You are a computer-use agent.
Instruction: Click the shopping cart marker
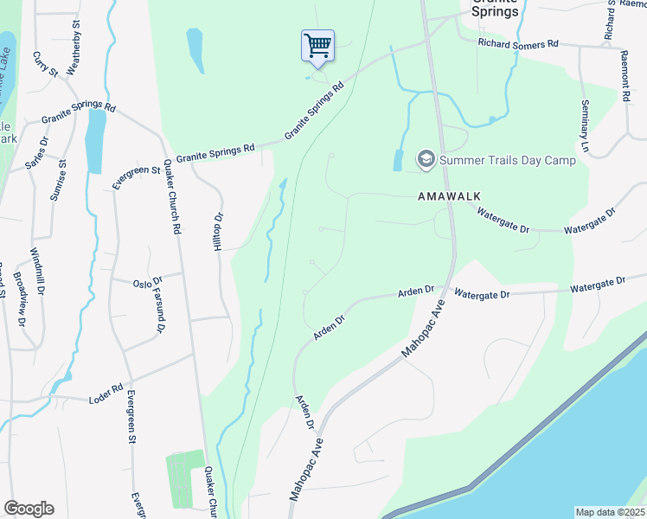318,45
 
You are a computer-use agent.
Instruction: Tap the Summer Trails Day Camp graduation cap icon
425,159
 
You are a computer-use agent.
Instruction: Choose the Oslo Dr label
148,282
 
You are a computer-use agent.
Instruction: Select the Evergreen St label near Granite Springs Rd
138,177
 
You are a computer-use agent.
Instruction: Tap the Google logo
29,509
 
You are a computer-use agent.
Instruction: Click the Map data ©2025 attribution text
611,512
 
